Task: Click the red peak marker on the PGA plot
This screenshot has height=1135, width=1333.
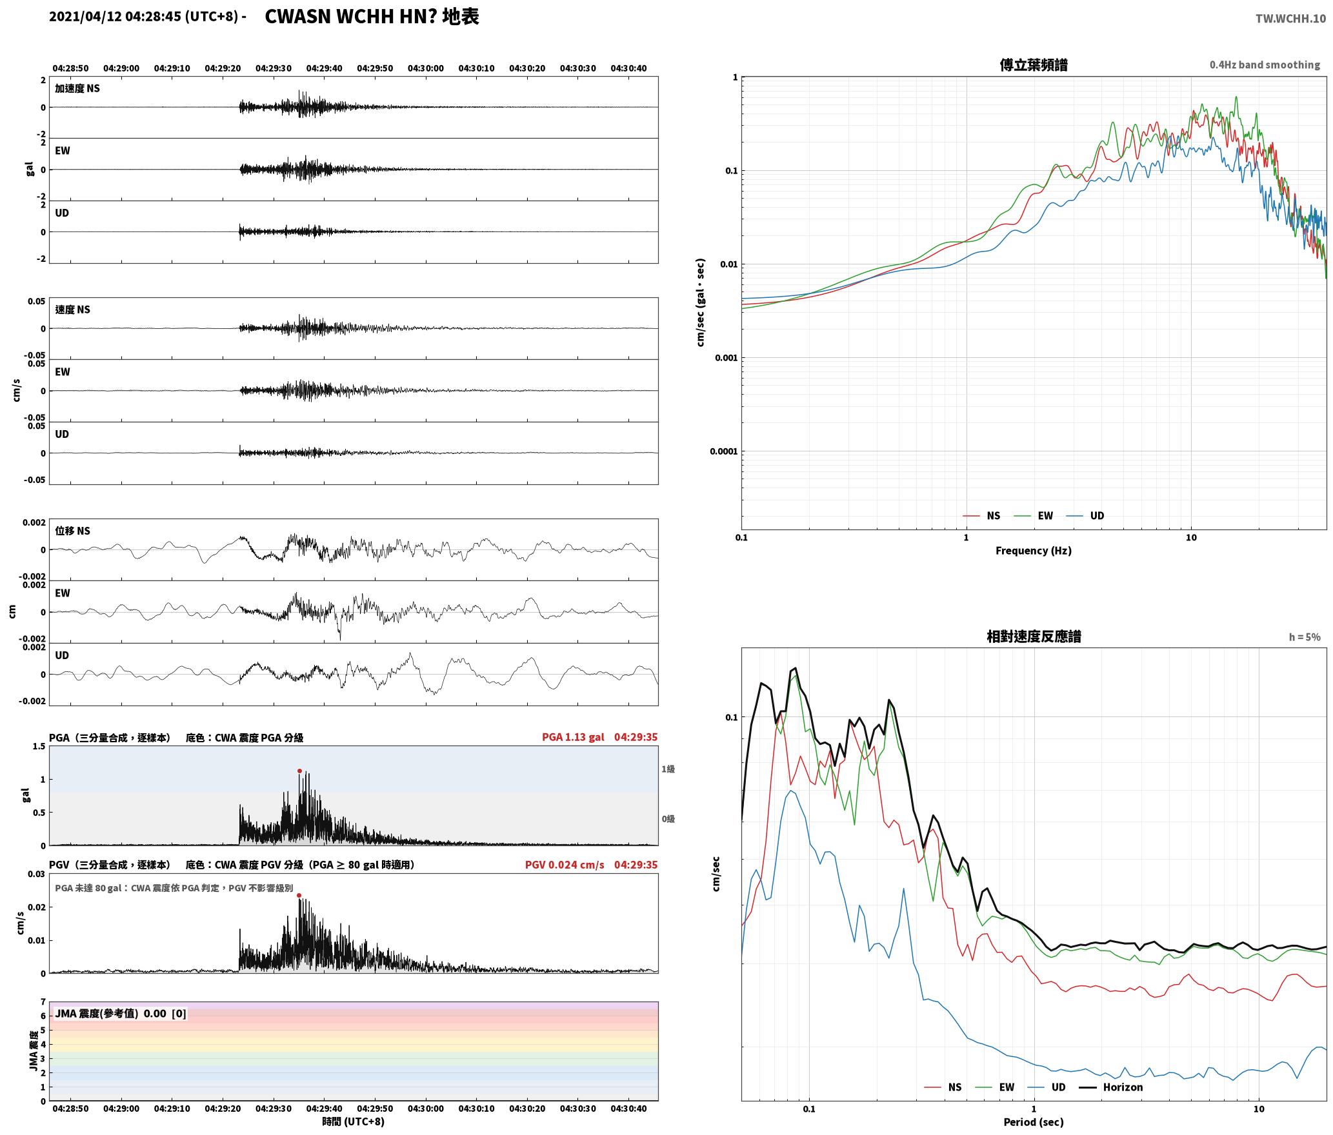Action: click(x=299, y=771)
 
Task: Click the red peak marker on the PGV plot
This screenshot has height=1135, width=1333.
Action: click(x=299, y=895)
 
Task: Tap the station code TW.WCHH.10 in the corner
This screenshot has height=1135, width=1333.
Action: click(x=1290, y=18)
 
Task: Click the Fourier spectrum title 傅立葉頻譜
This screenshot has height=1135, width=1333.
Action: click(x=1033, y=64)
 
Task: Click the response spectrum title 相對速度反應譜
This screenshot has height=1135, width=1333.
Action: click(x=1034, y=637)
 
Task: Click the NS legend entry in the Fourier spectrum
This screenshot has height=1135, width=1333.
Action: click(x=981, y=516)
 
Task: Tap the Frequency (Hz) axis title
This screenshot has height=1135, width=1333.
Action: click(x=1033, y=551)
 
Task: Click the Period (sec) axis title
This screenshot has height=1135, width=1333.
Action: click(x=1033, y=1122)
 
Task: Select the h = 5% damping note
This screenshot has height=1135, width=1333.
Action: click(x=1305, y=637)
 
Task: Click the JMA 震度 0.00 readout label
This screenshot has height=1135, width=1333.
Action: click(x=121, y=1014)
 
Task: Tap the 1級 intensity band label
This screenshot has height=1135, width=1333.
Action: click(x=668, y=769)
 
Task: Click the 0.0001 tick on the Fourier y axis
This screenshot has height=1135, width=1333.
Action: click(x=723, y=451)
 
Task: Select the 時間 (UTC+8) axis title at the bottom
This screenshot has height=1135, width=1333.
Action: click(x=353, y=1121)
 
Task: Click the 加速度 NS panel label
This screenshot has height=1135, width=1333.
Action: click(x=77, y=88)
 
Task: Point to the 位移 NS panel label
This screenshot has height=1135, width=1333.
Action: click(x=73, y=531)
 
